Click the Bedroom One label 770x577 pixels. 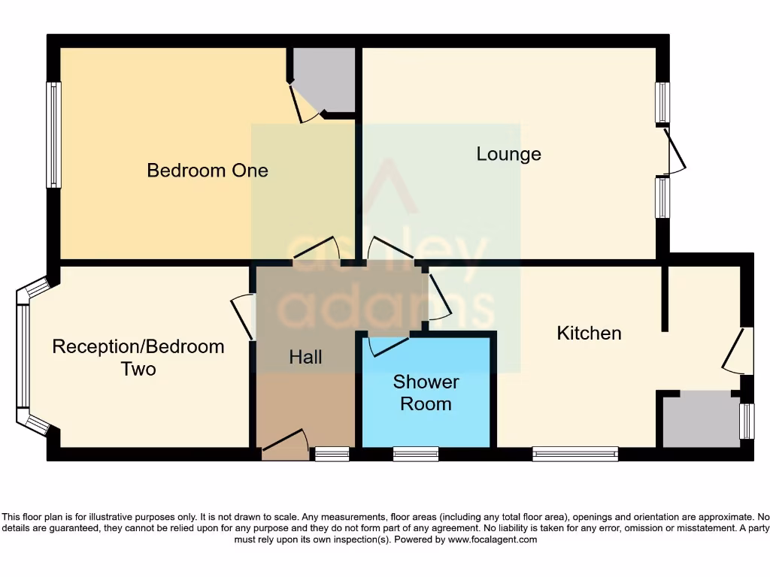click(x=207, y=171)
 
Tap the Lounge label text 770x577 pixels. click(x=508, y=154)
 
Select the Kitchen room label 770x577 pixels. click(x=589, y=333)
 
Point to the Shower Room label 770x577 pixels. click(x=426, y=393)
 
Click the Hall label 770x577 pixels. click(x=305, y=358)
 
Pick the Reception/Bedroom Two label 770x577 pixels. click(x=138, y=358)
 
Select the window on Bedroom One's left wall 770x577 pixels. click(x=53, y=134)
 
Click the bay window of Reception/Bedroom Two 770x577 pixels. click(x=23, y=356)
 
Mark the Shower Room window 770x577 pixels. click(x=416, y=454)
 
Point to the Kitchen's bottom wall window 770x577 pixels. click(x=575, y=454)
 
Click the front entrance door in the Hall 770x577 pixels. click(x=285, y=446)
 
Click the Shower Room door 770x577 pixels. click(x=387, y=345)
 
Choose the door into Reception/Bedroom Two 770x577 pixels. click(x=243, y=316)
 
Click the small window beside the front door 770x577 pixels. click(x=332, y=454)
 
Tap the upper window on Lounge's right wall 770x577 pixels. click(x=662, y=102)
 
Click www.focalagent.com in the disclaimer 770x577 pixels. click(x=493, y=539)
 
